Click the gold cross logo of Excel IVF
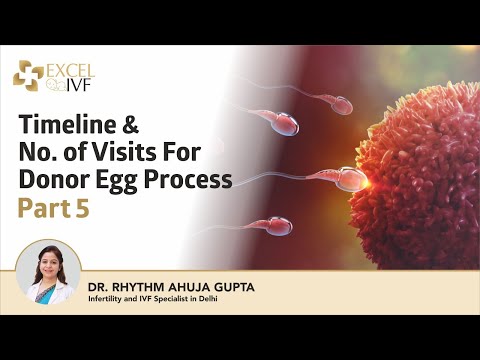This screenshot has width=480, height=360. [x=29, y=74]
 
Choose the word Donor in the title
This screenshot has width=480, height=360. [x=54, y=180]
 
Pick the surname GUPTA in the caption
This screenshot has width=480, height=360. [x=233, y=288]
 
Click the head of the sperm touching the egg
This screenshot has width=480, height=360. [x=351, y=179]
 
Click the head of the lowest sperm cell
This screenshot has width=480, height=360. [x=276, y=227]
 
